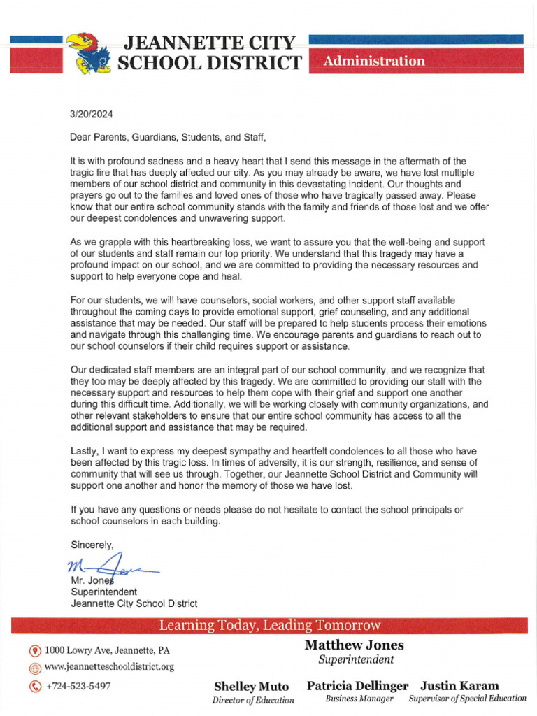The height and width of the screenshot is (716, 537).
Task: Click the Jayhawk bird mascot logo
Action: coord(89,53)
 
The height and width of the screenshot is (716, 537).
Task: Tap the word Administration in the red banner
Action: coord(374,61)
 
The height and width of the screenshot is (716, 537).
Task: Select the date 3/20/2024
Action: coord(92,114)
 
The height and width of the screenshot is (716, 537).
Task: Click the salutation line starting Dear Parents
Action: coord(169,138)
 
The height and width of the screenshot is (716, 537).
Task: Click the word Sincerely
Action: coord(92,544)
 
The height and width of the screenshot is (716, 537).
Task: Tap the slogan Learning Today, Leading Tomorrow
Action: coord(269,625)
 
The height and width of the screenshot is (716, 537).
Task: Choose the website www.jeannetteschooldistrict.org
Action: coord(109,667)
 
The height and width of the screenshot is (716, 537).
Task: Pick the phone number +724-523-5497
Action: coord(78,686)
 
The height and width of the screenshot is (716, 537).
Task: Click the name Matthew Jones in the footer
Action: coord(355,645)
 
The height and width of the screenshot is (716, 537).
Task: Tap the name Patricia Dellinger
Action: coord(357,686)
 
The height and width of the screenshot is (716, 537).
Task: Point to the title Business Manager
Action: coord(359,699)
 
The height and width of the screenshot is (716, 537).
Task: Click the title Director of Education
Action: coord(253,700)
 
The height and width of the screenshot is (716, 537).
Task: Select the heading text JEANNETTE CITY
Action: coord(209,43)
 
